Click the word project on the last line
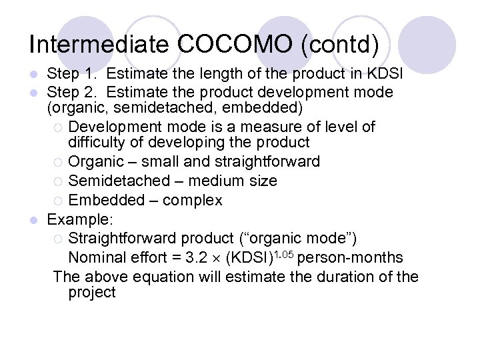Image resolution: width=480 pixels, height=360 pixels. (x=92, y=292)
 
